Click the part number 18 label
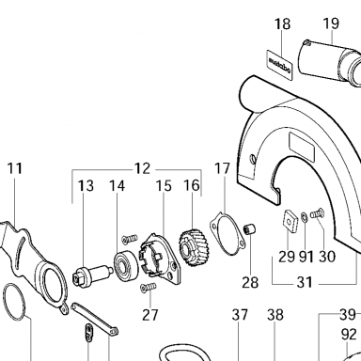click(x=282, y=24)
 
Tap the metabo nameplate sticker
click(x=279, y=63)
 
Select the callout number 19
click(x=331, y=24)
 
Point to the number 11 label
click(x=15, y=168)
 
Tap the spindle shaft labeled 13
click(x=92, y=275)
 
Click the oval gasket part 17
click(x=228, y=234)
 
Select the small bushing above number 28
click(x=250, y=229)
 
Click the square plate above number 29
click(x=290, y=222)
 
